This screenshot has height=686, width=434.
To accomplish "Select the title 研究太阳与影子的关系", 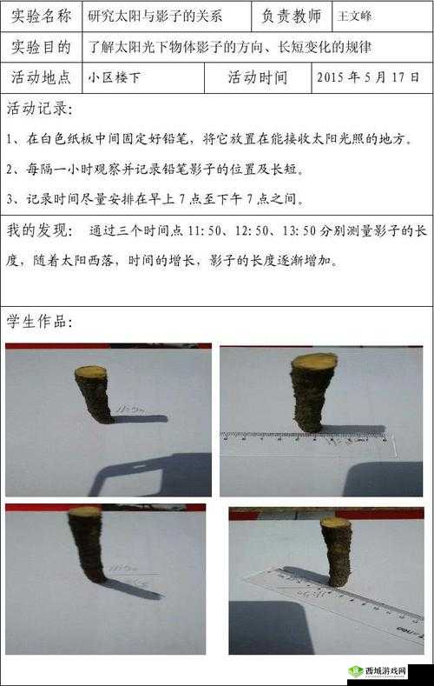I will click(155, 16).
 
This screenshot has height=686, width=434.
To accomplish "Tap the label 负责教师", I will click(292, 16).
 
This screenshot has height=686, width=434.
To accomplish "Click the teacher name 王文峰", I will click(354, 17).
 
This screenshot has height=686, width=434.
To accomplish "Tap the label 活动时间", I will click(258, 77).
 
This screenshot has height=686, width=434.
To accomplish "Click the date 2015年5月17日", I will click(369, 77).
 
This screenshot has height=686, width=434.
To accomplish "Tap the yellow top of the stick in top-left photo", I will click(90, 371).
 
